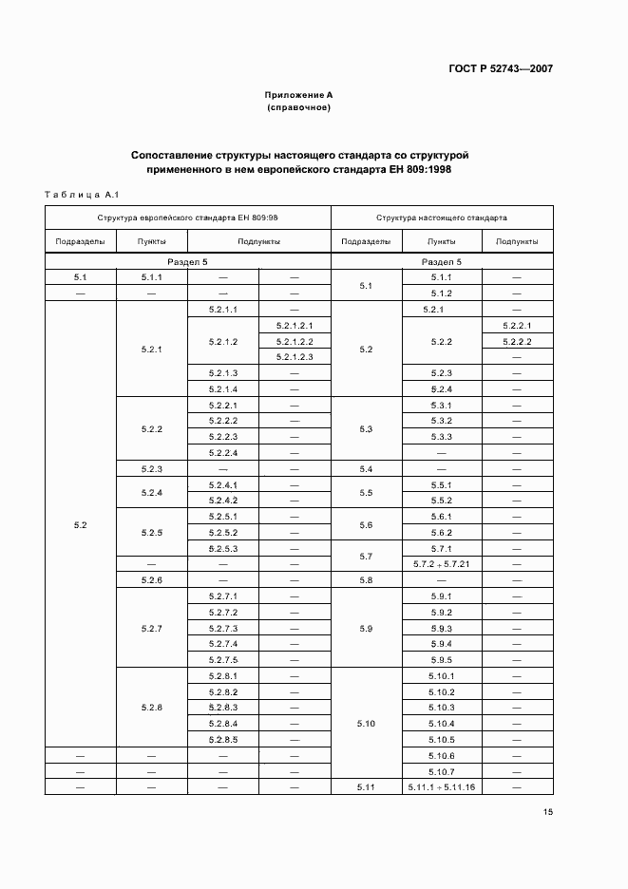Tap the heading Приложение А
coord(298,95)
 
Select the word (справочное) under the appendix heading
coord(298,107)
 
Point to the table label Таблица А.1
coord(81,195)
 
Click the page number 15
coord(548,811)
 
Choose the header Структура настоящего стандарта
coord(441,218)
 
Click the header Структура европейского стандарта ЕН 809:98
coord(188,218)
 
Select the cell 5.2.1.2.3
coord(294,356)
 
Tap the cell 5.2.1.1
coord(221,309)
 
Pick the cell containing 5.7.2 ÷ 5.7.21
coord(440,564)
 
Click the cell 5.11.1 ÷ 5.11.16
coord(440,787)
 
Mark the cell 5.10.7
coord(441,771)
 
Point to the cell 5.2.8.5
coord(221,740)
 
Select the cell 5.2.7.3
coord(221,629)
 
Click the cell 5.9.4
coord(441,644)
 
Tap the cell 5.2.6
coord(152,579)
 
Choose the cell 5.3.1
coord(441,405)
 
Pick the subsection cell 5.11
coord(367,787)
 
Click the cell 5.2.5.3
coord(221,548)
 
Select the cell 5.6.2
coord(441,533)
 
